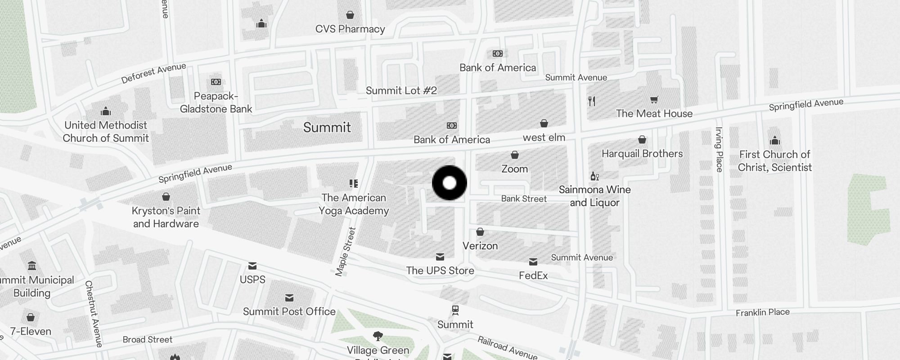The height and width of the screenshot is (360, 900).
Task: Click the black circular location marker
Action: [449, 183]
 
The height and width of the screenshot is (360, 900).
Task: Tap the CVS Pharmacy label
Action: [350, 29]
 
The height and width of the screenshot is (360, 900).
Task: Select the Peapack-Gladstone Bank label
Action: [216, 103]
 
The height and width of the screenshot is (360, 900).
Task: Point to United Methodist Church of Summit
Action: [106, 131]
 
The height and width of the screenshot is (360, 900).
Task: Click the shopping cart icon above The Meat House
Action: [654, 100]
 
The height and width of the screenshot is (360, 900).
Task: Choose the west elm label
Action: [544, 138]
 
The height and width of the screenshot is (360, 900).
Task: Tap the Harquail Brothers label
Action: [642, 154]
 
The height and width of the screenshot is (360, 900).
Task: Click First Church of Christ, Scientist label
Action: [774, 161]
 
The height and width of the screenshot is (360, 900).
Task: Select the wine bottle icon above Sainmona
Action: [594, 176]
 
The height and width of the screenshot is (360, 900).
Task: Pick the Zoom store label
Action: [514, 169]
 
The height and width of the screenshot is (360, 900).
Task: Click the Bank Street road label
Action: [524, 199]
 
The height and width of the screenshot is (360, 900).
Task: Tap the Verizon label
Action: [480, 246]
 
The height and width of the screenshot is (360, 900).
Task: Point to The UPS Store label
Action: [440, 271]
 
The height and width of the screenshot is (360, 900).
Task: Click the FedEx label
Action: [533, 276]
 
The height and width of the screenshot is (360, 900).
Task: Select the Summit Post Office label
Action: [289, 312]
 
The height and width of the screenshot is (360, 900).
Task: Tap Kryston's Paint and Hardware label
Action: [166, 217]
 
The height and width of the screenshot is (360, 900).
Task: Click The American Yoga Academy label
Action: [354, 204]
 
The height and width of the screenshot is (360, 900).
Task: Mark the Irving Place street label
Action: [719, 150]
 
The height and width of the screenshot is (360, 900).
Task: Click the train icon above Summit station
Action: [455, 310]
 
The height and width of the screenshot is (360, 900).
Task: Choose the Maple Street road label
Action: [346, 252]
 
